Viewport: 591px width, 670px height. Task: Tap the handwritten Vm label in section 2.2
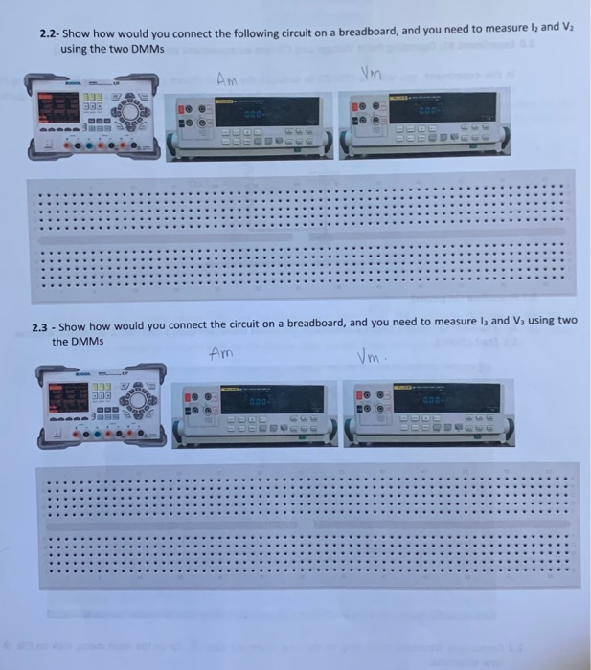coord(371,73)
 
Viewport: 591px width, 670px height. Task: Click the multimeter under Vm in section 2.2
coord(421,124)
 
